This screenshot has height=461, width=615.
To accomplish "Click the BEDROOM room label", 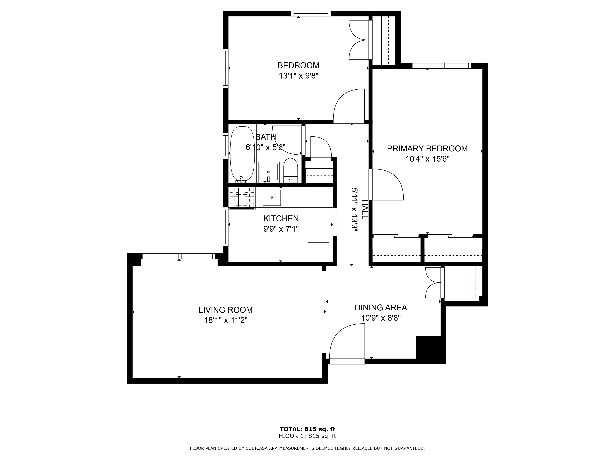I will [298, 66].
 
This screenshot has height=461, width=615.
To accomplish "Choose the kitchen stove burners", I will [242, 198].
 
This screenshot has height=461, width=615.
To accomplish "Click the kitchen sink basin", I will [272, 198].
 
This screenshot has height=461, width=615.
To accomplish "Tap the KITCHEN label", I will [281, 218].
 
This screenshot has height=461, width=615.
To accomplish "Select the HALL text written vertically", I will [364, 209].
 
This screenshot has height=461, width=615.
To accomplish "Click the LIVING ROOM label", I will [226, 310].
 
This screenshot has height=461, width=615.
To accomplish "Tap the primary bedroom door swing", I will [387, 185].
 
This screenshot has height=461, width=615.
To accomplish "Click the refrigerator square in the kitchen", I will [318, 252].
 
